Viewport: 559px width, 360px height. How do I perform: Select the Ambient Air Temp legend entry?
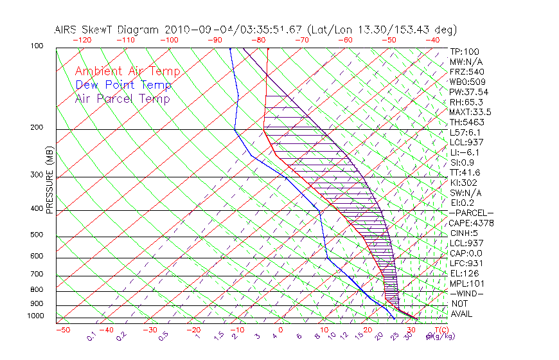click(127, 71)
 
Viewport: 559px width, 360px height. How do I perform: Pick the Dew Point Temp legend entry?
click(123, 85)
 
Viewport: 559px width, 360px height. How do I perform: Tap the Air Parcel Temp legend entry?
click(123, 98)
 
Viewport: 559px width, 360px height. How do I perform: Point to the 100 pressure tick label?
click(36, 46)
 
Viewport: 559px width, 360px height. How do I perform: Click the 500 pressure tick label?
click(36, 235)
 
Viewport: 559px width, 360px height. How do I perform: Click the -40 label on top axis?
click(432, 40)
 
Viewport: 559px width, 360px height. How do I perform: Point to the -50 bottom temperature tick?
click(62, 330)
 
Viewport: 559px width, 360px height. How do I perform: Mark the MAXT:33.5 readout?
click(472, 112)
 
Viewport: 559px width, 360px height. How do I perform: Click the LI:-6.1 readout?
click(466, 152)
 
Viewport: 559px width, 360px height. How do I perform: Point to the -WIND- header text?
click(467, 293)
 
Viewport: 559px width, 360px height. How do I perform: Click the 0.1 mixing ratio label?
click(92, 336)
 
